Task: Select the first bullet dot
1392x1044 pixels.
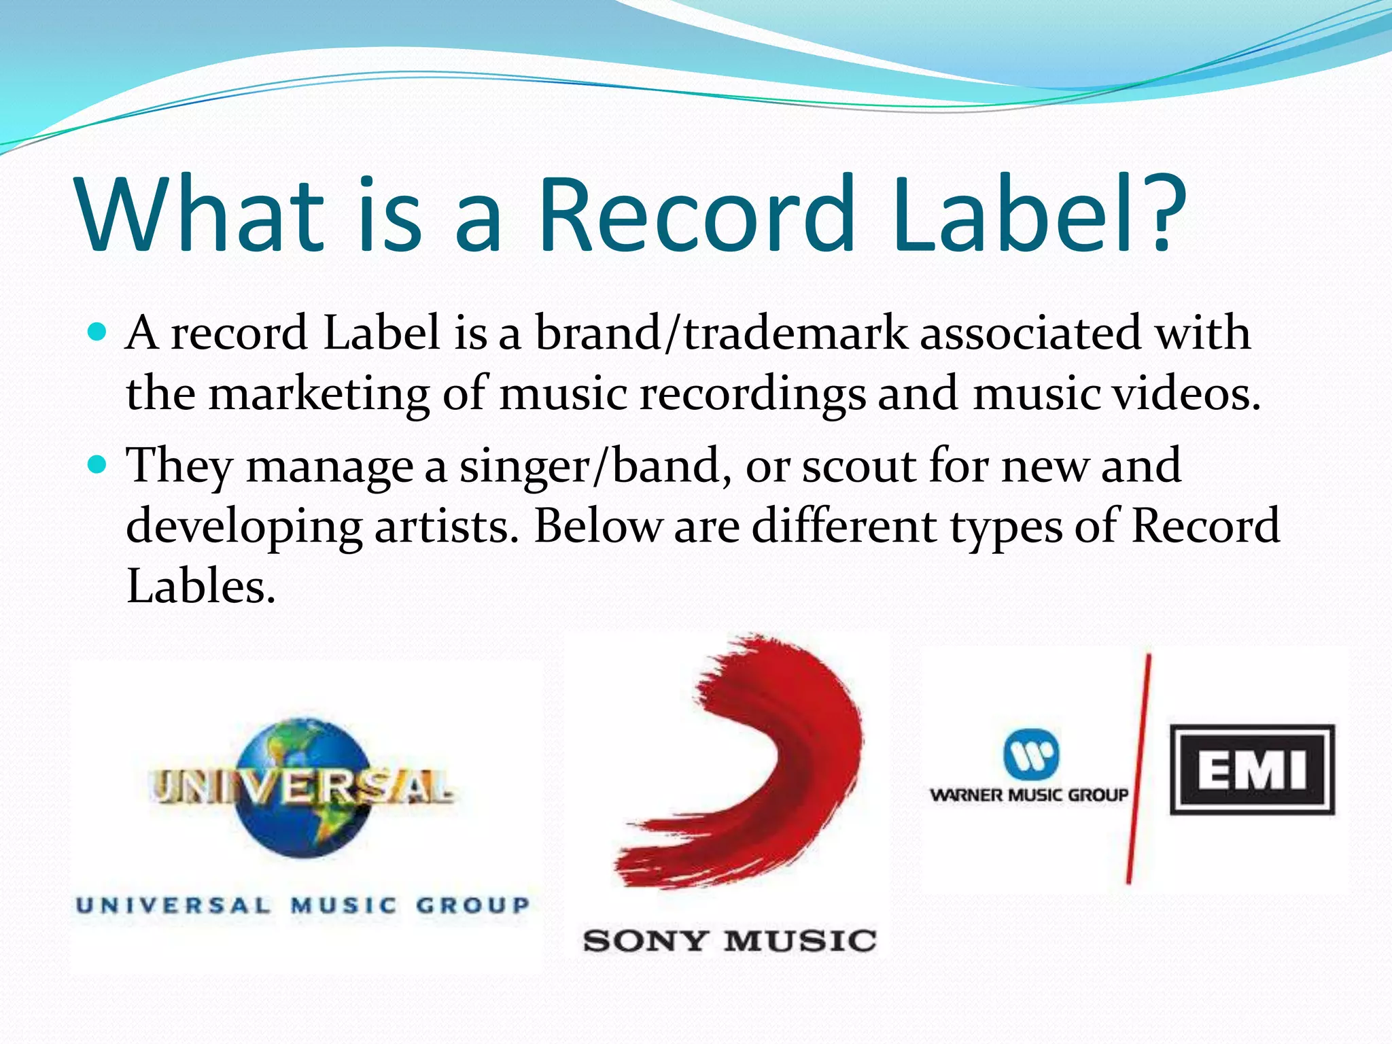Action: coord(98,332)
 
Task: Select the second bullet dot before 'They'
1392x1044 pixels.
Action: coord(98,465)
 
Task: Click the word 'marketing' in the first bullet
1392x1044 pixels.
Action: coord(318,394)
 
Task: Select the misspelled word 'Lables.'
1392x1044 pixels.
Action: coord(201,586)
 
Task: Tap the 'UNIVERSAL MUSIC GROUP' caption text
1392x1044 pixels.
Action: coord(303,905)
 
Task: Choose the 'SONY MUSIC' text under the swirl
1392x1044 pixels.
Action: coord(729,941)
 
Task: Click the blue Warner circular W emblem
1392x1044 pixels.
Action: coord(1031,754)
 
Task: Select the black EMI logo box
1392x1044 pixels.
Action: coord(1252,769)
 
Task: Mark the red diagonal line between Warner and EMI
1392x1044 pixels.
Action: coord(1139,768)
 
